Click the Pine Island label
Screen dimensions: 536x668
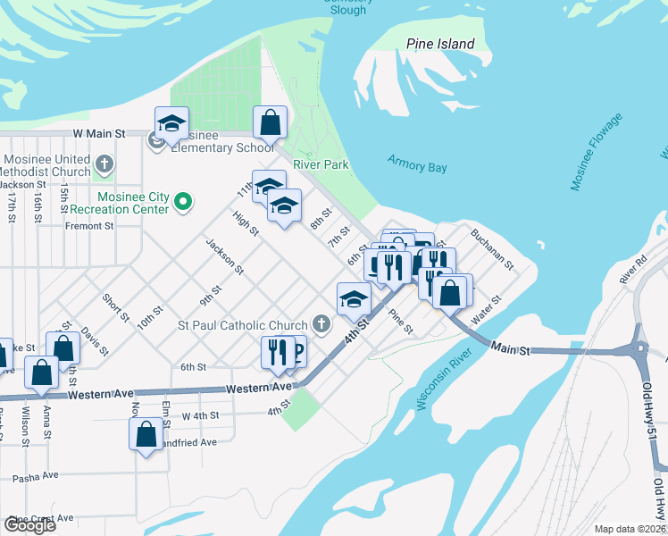coord(440,44)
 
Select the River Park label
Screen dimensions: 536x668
coord(320,165)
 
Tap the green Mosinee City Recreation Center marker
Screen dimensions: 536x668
coord(183,202)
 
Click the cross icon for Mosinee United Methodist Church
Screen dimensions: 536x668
coord(104,164)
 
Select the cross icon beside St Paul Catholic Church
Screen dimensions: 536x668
coord(321,325)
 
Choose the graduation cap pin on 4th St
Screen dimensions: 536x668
coord(354,298)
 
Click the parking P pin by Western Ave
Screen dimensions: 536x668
coord(296,352)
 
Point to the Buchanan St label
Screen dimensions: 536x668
coord(492,249)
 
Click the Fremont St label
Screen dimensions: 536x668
coord(89,226)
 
